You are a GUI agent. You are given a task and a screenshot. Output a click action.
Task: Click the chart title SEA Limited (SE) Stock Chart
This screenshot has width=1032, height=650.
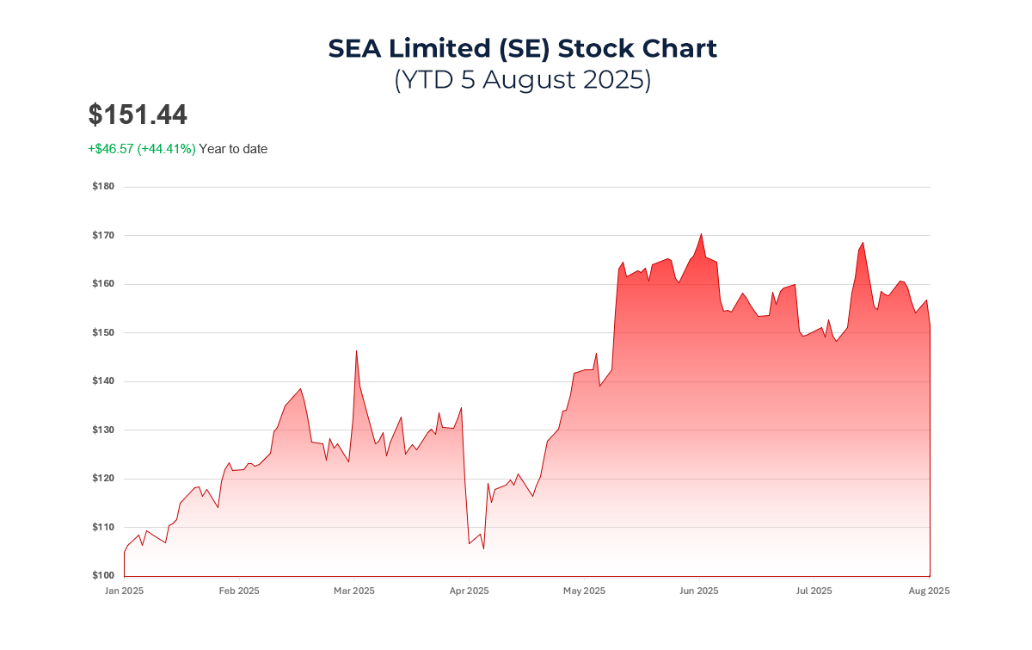pos(522,48)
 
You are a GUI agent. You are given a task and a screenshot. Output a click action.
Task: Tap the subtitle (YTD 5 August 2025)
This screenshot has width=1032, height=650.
pos(522,79)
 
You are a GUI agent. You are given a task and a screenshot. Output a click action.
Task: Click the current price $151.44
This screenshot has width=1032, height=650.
pos(138,115)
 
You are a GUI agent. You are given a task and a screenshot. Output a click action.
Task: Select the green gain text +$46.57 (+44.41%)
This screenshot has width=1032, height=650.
pos(142,149)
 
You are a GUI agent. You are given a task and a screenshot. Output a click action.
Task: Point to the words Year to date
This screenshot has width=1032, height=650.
pos(233,149)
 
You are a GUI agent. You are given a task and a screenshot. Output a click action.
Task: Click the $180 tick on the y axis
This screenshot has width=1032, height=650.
pos(103,187)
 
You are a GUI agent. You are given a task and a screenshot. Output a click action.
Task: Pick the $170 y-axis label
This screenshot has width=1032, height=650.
pos(103,235)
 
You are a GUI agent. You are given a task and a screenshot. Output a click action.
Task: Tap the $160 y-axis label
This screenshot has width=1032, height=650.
pos(103,284)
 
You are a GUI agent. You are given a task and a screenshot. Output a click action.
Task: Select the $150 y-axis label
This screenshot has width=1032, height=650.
pos(103,332)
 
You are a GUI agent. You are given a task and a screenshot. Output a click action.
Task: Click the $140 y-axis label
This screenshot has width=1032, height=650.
pos(103,381)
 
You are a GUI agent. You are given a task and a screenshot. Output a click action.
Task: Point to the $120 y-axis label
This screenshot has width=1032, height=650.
pos(103,479)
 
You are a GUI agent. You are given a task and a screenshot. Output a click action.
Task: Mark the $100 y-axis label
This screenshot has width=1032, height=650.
pos(103,575)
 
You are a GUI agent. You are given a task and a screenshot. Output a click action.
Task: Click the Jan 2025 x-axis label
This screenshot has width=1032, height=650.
pos(124,591)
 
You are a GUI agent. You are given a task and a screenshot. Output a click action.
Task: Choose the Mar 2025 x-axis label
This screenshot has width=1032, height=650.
pos(353,591)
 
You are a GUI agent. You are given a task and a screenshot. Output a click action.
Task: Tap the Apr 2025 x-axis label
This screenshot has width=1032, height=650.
pos(470,591)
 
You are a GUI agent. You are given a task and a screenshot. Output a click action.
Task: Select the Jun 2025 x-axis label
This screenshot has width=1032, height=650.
pos(698,591)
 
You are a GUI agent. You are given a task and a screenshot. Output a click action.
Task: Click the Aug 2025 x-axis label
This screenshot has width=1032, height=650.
pos(930,591)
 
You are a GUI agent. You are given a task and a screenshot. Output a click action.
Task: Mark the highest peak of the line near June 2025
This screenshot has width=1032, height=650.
pos(702,233)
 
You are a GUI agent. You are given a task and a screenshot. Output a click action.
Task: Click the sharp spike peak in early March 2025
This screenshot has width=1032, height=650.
pos(356,350)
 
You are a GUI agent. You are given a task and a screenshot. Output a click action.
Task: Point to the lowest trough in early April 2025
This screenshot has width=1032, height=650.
pos(483,548)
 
